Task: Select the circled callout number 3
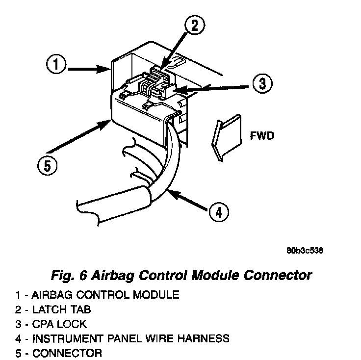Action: [262, 84]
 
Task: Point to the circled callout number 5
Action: [47, 165]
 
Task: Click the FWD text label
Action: [262, 135]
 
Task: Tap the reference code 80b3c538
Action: [305, 251]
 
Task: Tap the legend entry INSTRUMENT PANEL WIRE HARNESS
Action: [122, 338]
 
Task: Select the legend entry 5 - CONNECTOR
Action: [58, 352]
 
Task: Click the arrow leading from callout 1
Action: [88, 69]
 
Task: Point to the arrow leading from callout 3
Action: [211, 87]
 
